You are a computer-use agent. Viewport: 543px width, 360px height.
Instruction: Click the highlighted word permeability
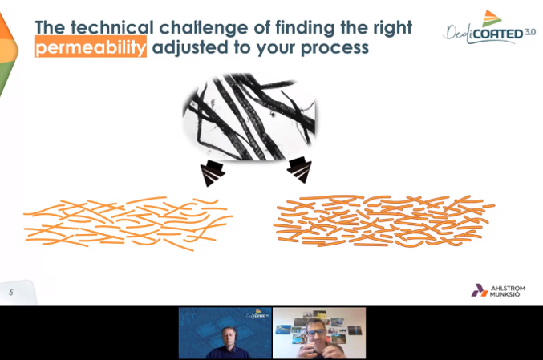point(91,47)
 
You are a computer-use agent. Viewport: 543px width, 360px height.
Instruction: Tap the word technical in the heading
point(112,27)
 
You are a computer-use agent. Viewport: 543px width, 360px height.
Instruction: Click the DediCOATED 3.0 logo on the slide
point(489,28)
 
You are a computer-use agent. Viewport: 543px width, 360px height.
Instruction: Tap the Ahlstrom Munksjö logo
point(498,290)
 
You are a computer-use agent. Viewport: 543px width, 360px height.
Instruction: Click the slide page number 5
point(11,293)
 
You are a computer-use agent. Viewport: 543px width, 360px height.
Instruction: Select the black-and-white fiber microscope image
point(249,116)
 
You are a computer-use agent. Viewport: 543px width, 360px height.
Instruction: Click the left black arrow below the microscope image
point(212,172)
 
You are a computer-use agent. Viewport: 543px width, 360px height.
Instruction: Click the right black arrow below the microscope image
point(300,169)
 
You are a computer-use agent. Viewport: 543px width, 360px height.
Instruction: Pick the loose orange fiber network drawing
point(128,223)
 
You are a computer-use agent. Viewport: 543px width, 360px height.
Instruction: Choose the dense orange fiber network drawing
point(384,221)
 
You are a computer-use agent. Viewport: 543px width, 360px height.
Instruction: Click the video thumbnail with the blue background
point(225,333)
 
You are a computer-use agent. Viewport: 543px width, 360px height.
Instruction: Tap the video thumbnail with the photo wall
point(319,333)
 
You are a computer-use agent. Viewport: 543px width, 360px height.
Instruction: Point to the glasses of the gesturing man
point(315,332)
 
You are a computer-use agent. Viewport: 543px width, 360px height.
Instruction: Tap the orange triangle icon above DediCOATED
point(491,18)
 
